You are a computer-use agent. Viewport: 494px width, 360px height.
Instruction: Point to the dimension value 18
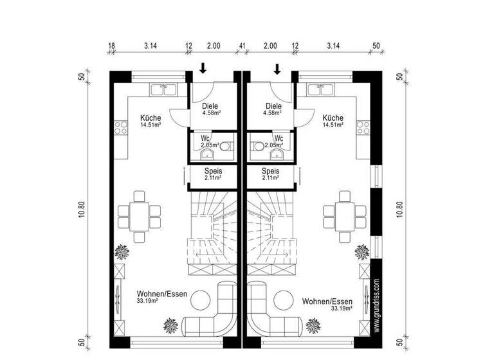point(111,46)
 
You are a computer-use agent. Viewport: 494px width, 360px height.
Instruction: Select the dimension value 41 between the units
point(242,46)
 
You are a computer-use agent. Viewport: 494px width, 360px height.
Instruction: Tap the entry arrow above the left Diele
point(203,68)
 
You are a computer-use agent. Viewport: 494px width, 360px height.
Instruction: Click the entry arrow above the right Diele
point(278,68)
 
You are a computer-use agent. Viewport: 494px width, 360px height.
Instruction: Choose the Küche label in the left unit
point(151,118)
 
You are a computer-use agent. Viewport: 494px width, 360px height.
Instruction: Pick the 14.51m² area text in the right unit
point(333,125)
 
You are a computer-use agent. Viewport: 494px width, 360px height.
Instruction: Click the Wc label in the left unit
point(205,138)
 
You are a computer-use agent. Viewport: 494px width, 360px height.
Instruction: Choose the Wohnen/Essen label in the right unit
point(325,301)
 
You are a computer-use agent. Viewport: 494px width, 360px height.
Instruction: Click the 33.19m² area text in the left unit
point(147,300)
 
